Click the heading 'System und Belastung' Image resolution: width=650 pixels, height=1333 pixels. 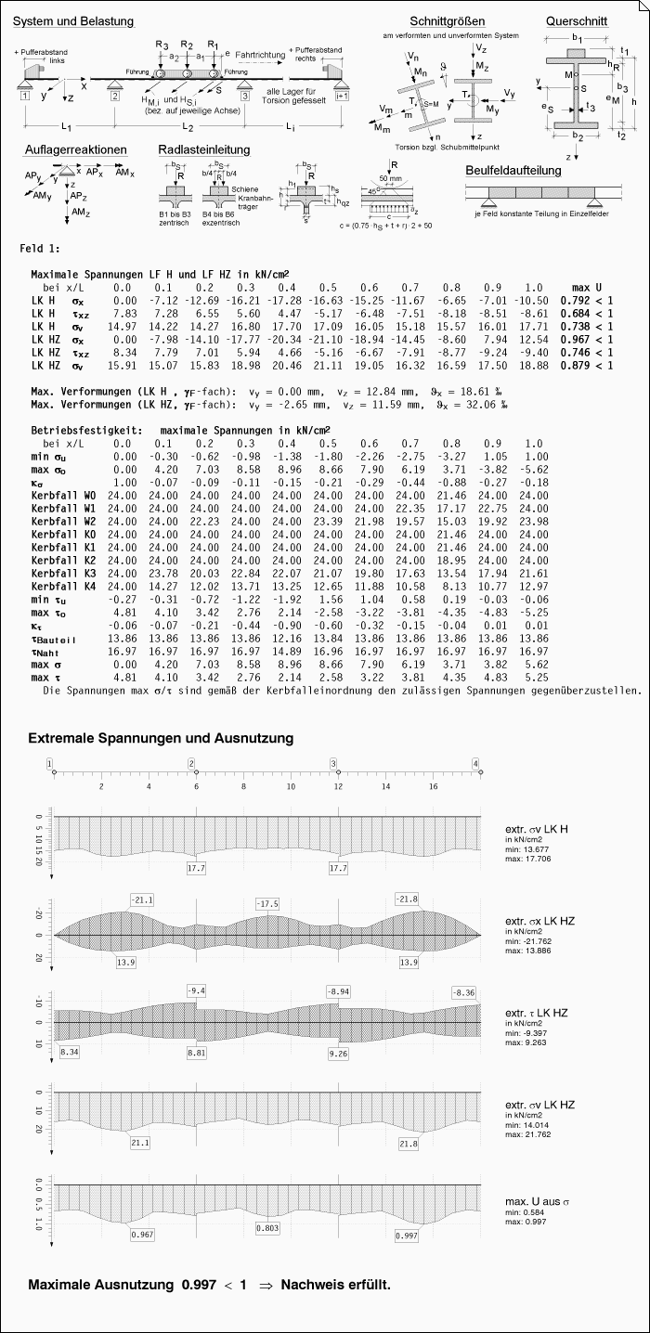(x=80, y=20)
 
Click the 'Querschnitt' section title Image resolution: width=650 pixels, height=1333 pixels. (x=578, y=20)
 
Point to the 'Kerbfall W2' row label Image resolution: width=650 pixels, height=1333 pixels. (x=63, y=522)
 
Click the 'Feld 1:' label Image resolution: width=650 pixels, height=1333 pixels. (x=41, y=250)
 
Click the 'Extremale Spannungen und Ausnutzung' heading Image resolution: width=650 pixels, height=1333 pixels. (x=161, y=738)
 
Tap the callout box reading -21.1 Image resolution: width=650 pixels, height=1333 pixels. (x=142, y=899)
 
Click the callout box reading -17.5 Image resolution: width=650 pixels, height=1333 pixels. (x=267, y=904)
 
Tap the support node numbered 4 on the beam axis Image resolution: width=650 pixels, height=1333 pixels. (x=476, y=763)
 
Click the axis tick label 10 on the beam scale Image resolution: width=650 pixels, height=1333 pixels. (x=291, y=786)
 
